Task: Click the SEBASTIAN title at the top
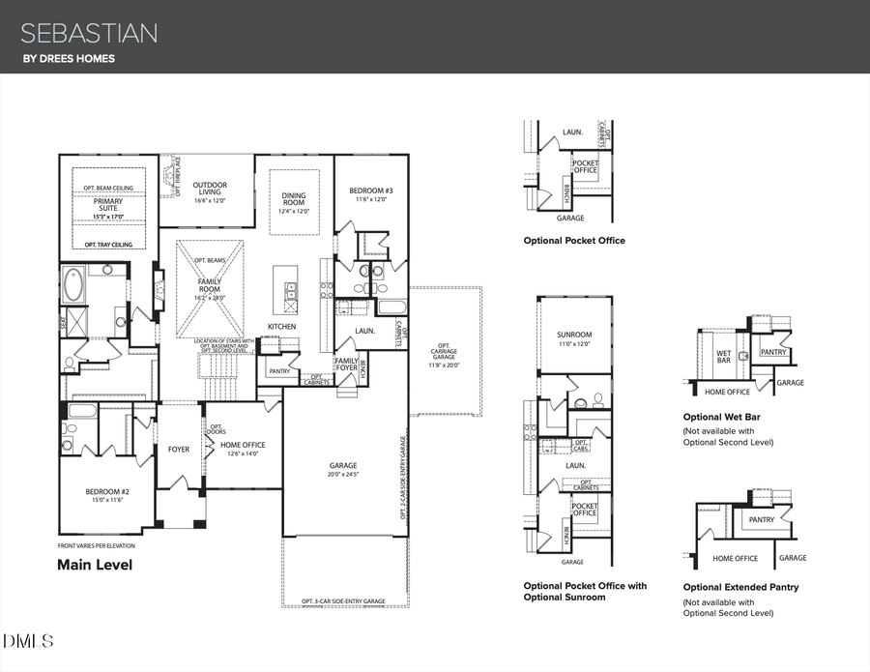90,34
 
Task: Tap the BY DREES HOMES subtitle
69,59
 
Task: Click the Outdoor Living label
210,190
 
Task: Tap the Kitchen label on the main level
282,327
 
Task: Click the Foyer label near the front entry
179,449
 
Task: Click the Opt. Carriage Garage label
445,355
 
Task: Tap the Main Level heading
95,565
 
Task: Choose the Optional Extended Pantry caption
740,587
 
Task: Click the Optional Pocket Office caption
574,240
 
